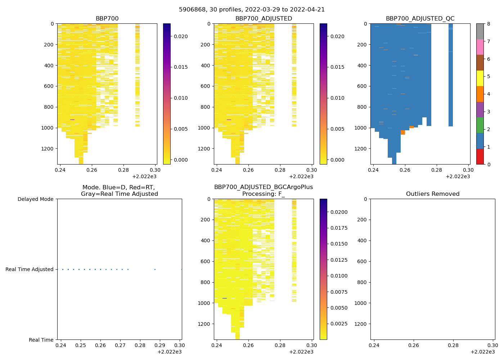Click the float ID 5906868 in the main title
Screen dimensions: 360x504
tap(190, 10)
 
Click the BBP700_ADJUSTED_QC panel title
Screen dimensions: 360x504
tap(420, 19)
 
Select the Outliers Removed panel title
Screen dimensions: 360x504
tap(432, 194)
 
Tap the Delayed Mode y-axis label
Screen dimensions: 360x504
tap(35, 199)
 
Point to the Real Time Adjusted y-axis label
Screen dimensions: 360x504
tap(30, 269)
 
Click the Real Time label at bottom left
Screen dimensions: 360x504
tap(41, 340)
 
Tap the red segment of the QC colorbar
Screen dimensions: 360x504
tap(480, 157)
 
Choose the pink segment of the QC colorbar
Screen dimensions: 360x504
tap(480, 47)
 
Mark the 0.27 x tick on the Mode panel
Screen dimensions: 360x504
tap(120, 345)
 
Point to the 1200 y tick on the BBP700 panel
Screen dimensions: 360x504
tap(48, 149)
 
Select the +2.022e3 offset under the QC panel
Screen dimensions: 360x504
tap(458, 176)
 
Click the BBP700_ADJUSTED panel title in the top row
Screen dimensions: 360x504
tap(264, 19)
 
